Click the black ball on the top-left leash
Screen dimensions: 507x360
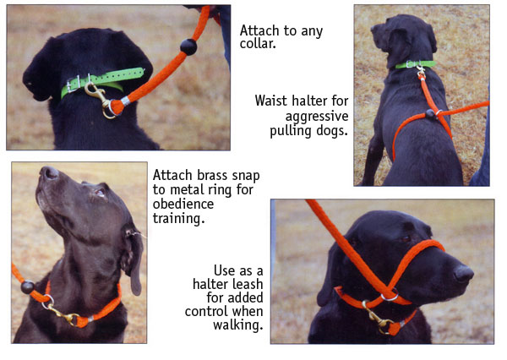188,46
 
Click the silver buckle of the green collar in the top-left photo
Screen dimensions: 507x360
74,85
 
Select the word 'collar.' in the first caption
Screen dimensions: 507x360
258,44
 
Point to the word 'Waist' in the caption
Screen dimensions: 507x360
271,101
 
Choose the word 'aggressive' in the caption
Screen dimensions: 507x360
317,117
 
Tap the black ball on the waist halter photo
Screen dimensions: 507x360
430,113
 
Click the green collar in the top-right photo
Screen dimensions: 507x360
416,64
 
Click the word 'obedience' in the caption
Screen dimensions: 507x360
183,205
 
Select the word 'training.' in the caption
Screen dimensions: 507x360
179,219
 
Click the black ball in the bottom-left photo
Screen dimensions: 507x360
28,287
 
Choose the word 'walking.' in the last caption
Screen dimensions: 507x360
237,325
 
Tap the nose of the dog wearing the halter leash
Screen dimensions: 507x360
463,274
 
